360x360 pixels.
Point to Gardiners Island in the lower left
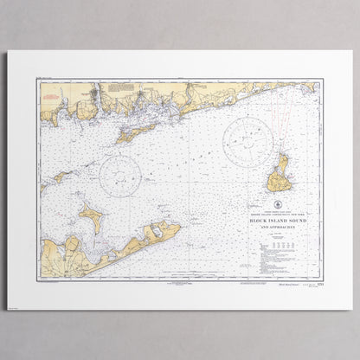(91, 215)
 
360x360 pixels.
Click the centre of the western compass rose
(120, 176)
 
